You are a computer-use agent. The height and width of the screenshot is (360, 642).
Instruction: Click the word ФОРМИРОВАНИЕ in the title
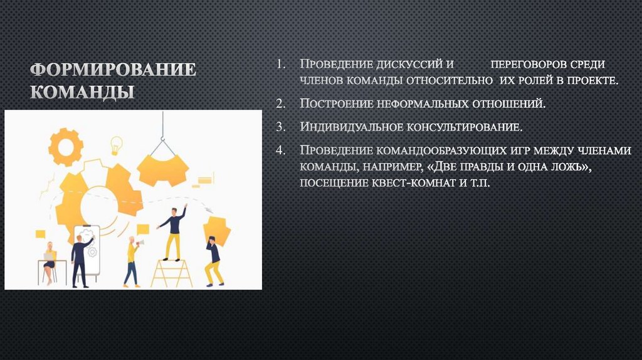point(113,69)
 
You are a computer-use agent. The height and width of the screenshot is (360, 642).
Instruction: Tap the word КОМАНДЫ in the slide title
point(82,92)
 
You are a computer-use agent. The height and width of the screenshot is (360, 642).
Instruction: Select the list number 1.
point(282,65)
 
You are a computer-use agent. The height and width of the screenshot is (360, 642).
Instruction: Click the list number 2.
point(282,103)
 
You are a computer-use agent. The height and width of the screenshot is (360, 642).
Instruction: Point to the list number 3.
point(282,127)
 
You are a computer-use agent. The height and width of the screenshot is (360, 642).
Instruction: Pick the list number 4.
point(282,151)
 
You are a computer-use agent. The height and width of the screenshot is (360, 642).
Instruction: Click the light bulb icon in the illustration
point(116,144)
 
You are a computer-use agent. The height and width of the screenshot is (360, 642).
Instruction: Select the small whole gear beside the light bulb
point(65,146)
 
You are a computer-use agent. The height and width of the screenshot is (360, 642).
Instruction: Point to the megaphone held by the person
point(140,242)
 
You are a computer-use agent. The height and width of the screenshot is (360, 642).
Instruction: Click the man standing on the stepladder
point(172,232)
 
